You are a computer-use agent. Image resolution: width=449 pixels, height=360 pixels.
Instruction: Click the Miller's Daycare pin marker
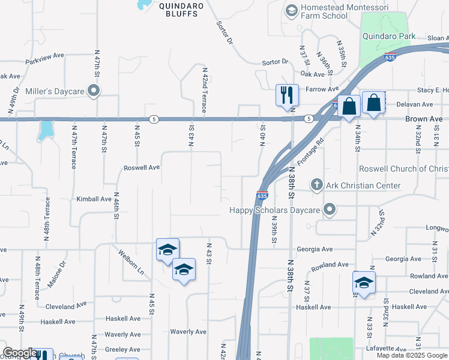pos(93,91)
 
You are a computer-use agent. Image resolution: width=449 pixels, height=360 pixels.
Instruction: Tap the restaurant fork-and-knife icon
pos(287,94)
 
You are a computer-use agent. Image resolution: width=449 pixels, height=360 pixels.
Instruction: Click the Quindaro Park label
pos(389,36)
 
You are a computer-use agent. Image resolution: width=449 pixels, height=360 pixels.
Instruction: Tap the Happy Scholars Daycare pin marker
pos(329,210)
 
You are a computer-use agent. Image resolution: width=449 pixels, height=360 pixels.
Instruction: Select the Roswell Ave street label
pos(142,168)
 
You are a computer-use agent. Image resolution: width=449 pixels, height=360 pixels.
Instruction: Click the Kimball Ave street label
pos(94,199)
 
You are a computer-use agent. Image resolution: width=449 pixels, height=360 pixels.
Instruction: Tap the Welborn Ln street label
pos(131,262)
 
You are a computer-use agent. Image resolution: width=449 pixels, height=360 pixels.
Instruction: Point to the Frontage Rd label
pos(311,152)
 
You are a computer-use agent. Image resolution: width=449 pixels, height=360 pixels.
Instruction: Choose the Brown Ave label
pos(423,119)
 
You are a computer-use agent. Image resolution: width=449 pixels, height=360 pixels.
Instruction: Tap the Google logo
pos(20,353)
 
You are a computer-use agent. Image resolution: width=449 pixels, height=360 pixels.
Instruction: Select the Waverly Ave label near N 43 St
pos(188,332)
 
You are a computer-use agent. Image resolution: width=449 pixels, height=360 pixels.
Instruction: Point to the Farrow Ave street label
pos(322,89)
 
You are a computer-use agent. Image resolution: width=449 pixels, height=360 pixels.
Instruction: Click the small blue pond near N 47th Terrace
pos(44,130)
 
